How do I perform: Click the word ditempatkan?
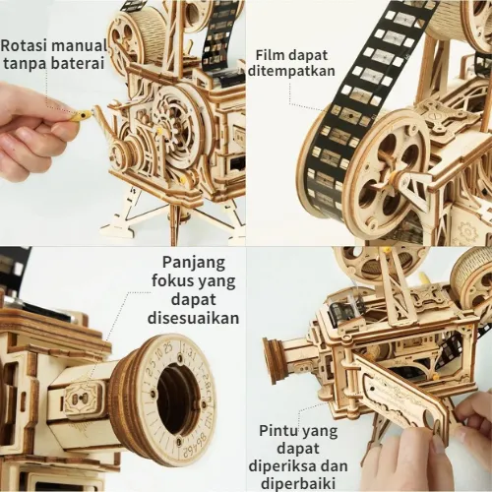(x=291, y=71)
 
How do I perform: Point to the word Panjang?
(x=194, y=264)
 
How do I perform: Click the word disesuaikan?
(x=193, y=318)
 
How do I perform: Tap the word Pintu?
(x=278, y=431)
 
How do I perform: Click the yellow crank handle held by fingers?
(x=81, y=116)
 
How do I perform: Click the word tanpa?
(x=26, y=64)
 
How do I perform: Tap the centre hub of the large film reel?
(x=391, y=177)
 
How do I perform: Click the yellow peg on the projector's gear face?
(x=159, y=131)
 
